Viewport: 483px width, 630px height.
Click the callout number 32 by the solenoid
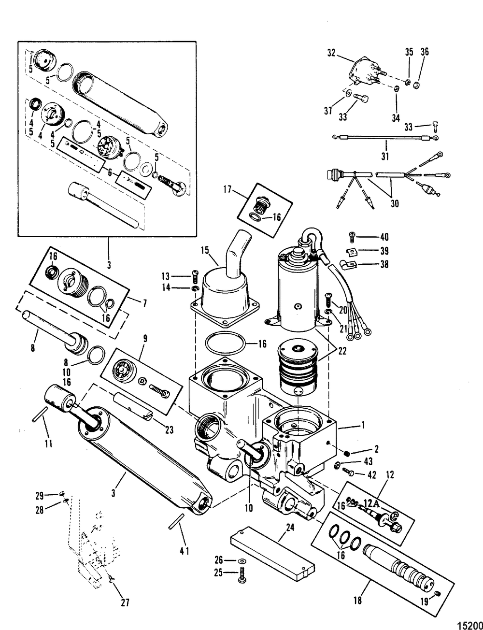(331, 53)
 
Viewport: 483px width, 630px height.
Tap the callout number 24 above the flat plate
(290, 528)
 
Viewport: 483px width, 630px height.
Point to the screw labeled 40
(352, 237)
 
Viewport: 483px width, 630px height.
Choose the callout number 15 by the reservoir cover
(205, 250)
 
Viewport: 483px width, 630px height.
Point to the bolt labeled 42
(348, 472)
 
